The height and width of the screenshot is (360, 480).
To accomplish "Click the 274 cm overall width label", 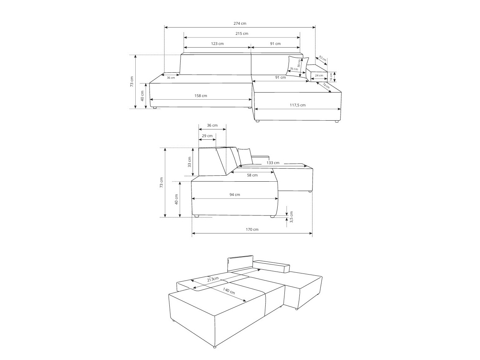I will coord(240,23).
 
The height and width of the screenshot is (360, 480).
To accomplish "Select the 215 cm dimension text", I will coord(242,33).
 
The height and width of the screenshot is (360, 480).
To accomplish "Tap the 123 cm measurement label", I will coord(217,43).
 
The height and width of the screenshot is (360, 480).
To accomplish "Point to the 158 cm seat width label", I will coord(201,96).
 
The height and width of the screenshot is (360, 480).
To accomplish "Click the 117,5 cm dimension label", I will coord(298,105).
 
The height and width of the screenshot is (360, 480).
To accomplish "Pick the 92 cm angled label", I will coord(322,59).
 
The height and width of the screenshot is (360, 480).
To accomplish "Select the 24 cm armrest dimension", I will coord(319,75).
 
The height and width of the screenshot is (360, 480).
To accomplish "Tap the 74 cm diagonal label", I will coord(326,86).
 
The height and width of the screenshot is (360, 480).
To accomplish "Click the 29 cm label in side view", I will coord(207,136).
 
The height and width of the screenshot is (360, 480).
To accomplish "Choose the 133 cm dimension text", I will coord(273,163).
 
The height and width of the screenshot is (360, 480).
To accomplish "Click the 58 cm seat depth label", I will coord(252,175).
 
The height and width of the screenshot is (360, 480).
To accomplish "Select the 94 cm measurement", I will coord(235,194).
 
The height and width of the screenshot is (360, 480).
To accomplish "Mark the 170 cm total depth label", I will coord(252,229).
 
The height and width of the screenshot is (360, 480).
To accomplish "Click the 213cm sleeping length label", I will coord(213,279).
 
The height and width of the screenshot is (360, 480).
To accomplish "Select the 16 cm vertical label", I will coord(331,76).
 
